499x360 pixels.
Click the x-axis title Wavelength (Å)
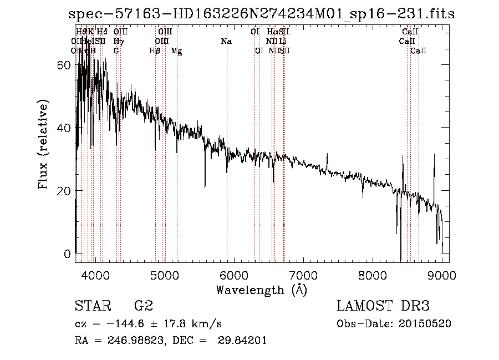(x=261, y=290)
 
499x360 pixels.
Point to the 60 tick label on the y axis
(x=64, y=65)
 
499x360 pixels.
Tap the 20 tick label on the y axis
(x=64, y=191)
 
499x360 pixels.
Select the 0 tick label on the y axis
(x=68, y=254)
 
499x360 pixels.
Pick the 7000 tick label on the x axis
(x=303, y=275)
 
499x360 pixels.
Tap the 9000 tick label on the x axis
(x=442, y=275)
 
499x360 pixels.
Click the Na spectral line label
(x=226, y=41)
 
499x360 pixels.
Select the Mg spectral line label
(x=176, y=51)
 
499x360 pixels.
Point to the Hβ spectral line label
(x=155, y=51)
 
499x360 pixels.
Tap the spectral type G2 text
(x=143, y=306)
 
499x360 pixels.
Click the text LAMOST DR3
(x=383, y=306)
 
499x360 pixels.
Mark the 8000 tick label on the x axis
(x=373, y=275)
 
